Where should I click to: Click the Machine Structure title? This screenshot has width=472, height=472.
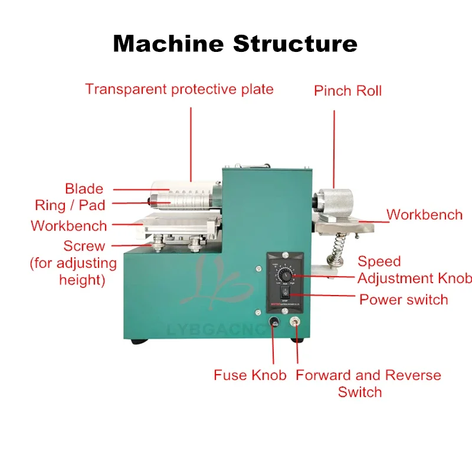point(235,44)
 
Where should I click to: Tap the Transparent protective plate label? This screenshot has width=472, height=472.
point(179,90)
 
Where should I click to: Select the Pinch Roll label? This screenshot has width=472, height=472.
point(348,91)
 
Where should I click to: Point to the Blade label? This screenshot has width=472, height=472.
point(84,189)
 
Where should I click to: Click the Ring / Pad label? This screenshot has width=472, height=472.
point(70,205)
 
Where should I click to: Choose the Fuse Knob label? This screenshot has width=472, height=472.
point(250,375)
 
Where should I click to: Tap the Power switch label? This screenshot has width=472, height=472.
point(404,299)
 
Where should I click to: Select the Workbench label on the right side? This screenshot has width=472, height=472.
point(424,214)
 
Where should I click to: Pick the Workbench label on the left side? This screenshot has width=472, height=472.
point(69,225)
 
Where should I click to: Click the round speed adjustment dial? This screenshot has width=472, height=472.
point(285,276)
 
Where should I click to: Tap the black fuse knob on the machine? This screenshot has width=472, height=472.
point(273,323)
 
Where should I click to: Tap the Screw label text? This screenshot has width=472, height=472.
point(84,246)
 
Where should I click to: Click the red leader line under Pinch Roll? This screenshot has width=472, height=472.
point(335,142)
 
